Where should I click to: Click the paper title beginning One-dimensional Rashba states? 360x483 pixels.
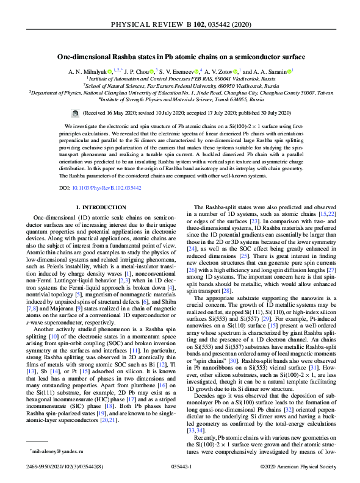181,57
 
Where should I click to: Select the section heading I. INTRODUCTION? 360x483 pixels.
98,208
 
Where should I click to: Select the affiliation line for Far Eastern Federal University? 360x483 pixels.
181,85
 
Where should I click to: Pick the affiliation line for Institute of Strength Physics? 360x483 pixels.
181,98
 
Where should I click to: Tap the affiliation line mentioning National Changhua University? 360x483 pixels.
181,91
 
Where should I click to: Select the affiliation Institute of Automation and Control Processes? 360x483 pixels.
181,78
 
